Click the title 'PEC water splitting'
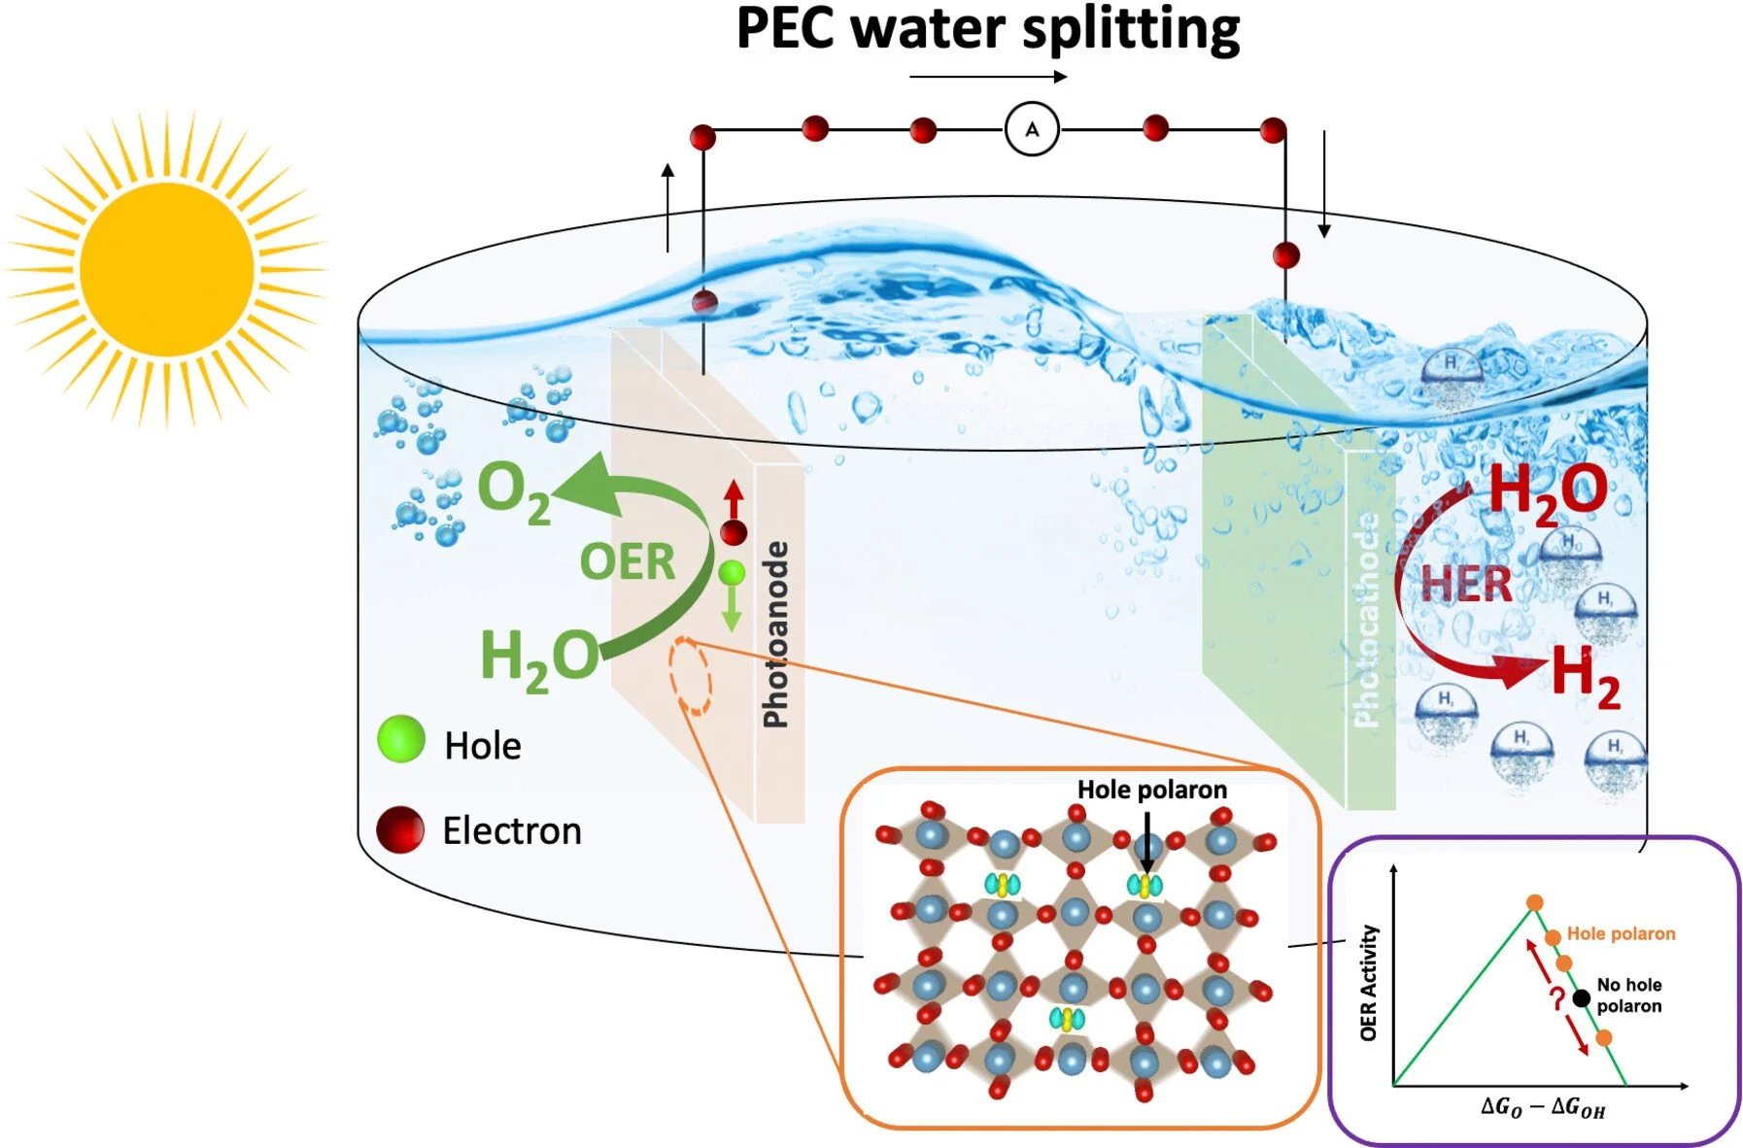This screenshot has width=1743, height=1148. click(988, 29)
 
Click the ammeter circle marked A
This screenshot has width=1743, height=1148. click(1032, 129)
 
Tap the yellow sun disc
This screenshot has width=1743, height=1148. click(167, 268)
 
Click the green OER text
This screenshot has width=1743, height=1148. click(627, 561)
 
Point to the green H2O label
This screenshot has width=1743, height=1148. click(539, 658)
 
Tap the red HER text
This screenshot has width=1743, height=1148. click(1465, 585)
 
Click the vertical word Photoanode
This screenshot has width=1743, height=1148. click(775, 634)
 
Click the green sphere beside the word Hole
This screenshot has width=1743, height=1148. click(401, 739)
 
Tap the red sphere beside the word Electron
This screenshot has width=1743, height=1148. click(400, 829)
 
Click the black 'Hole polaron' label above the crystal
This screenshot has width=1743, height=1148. click(1151, 790)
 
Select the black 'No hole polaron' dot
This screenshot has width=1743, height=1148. click(1582, 997)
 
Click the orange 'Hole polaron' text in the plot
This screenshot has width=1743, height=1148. click(1621, 933)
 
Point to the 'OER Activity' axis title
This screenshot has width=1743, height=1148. click(1368, 983)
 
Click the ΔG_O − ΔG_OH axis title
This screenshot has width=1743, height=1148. click(1542, 1107)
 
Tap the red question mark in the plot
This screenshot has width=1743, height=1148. click(1556, 998)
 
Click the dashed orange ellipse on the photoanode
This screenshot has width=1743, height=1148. click(690, 676)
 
